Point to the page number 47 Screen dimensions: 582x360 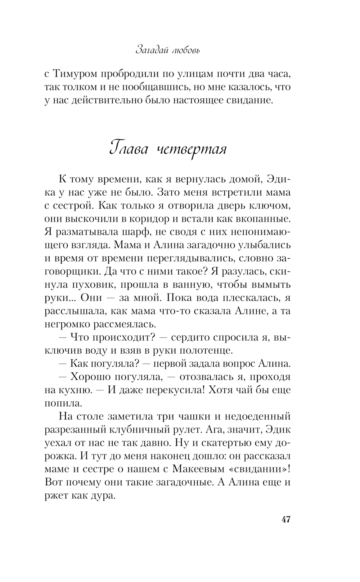286,520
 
